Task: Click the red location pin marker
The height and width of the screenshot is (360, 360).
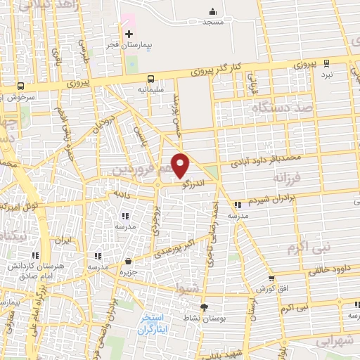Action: point(181,165)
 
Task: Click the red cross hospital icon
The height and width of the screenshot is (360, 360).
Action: point(128,33)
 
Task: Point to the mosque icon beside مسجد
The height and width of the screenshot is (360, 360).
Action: point(212,12)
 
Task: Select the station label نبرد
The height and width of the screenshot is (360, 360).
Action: point(327,73)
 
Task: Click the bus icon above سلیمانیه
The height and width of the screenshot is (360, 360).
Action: point(150,79)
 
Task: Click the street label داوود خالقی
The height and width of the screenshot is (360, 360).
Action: point(328,268)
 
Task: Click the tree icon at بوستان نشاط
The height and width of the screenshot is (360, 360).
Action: point(205,308)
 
